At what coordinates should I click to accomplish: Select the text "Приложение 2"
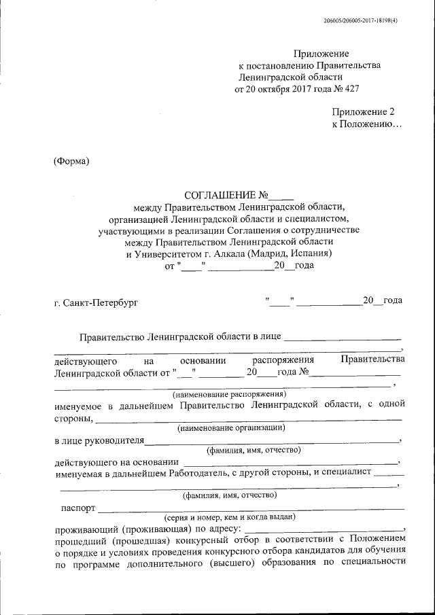363,112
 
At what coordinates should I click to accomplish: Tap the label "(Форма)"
71,160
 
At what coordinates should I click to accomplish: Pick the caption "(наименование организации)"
230,428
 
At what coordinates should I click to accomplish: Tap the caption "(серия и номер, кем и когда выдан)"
228,517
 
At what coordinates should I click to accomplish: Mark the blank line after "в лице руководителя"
272,442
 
